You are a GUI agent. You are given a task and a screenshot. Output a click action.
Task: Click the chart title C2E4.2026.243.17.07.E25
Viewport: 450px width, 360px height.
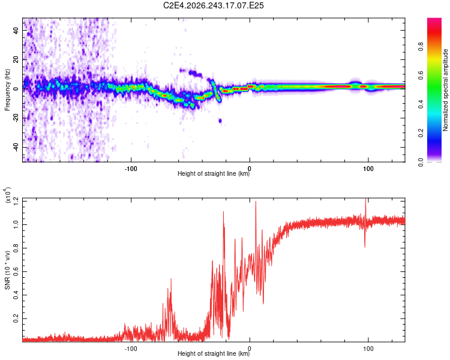point(213,5)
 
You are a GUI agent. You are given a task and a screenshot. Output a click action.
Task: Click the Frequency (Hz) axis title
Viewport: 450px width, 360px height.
point(7,90)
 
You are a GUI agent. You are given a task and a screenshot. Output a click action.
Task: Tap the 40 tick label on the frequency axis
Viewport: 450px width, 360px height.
point(16,30)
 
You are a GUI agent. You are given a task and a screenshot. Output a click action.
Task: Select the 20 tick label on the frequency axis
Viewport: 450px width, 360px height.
point(16,60)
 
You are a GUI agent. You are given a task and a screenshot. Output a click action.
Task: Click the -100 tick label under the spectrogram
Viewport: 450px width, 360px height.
point(131,169)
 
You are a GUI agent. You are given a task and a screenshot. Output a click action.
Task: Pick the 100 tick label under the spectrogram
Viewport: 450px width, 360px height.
point(368,169)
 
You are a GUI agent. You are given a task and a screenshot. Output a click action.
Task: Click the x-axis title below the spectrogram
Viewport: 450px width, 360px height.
point(214,173)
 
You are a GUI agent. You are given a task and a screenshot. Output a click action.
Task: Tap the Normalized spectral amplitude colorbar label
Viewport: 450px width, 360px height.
point(445,90)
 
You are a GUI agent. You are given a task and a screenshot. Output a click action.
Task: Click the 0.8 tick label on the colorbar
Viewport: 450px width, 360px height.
point(421,47)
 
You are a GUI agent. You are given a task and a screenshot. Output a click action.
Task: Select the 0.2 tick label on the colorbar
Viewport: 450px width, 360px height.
point(421,133)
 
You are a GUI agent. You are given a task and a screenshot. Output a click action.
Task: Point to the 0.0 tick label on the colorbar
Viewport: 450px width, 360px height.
point(421,162)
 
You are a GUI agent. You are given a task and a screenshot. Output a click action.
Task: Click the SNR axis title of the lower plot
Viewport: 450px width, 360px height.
point(7,270)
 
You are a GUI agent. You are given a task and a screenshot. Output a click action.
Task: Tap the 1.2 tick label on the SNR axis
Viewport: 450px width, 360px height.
point(16,201)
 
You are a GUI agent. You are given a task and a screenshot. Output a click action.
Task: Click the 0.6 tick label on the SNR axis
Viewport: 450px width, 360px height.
point(16,272)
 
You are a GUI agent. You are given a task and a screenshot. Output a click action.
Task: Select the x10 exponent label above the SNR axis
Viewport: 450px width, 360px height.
point(8,196)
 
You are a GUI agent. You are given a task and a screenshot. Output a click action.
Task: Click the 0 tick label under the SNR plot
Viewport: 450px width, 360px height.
point(250,349)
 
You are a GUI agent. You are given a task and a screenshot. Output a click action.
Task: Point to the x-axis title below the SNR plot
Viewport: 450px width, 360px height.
point(214,353)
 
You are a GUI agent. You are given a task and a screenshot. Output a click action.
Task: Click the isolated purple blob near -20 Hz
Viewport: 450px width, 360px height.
point(220,121)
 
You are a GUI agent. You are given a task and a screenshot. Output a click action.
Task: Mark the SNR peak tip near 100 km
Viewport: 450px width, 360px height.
point(365,199)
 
